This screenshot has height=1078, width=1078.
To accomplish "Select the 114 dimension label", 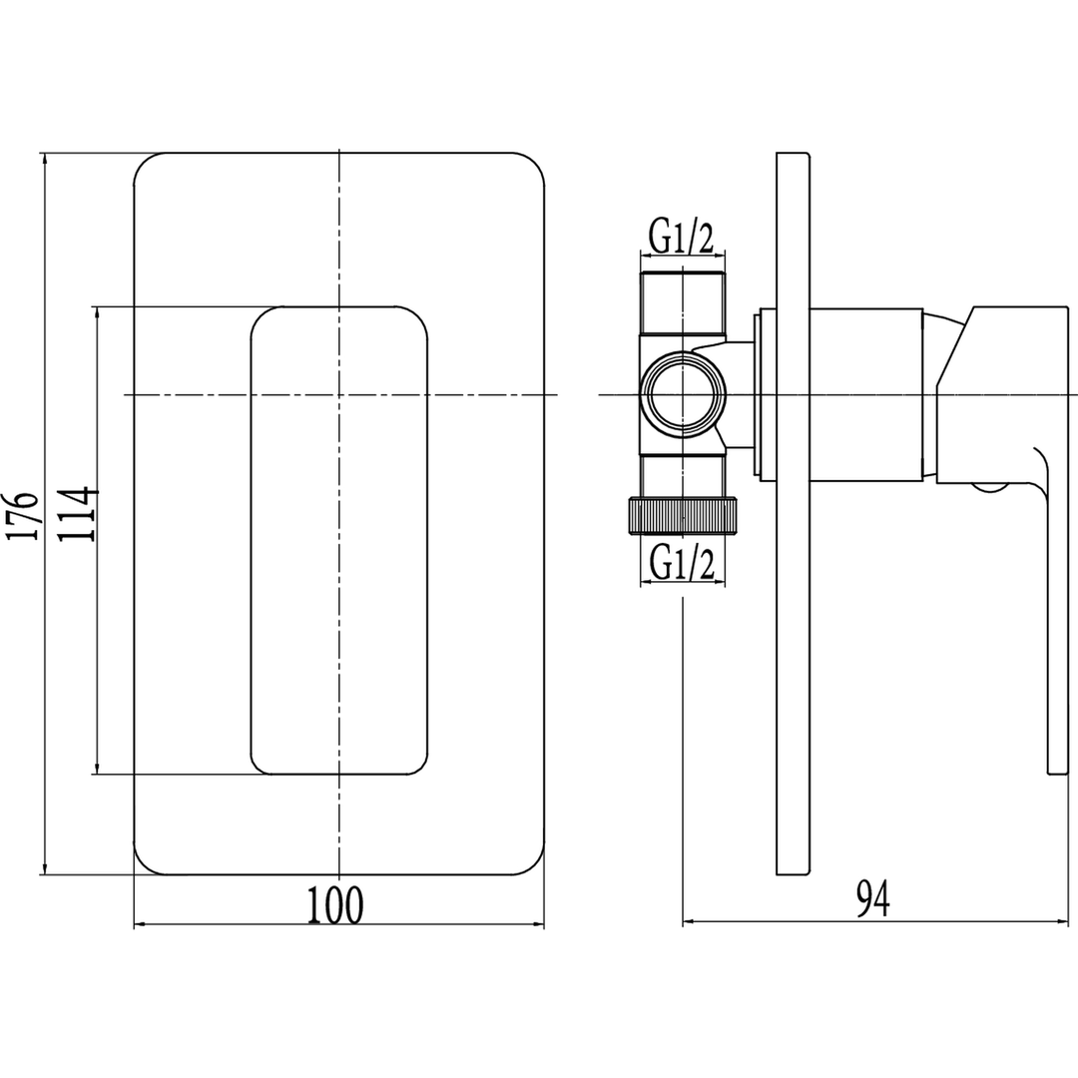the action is point(78,514).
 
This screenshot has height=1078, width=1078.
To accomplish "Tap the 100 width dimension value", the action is point(334,904).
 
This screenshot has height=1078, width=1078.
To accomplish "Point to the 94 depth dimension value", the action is point(873,899).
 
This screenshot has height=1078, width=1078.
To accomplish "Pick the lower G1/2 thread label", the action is point(682,564).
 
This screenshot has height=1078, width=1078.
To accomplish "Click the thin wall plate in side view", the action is point(793,514).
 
